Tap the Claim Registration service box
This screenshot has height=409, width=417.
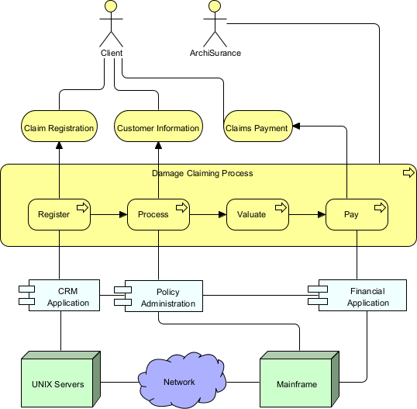point(59,128)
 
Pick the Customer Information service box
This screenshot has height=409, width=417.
point(158,128)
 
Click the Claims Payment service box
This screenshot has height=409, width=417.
point(257,128)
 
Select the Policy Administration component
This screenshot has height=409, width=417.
point(161,296)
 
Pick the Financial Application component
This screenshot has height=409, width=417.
point(360,296)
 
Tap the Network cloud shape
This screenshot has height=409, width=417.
point(179,381)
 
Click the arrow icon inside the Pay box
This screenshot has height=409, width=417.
point(380,207)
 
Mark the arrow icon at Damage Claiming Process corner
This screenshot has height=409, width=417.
point(408,172)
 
